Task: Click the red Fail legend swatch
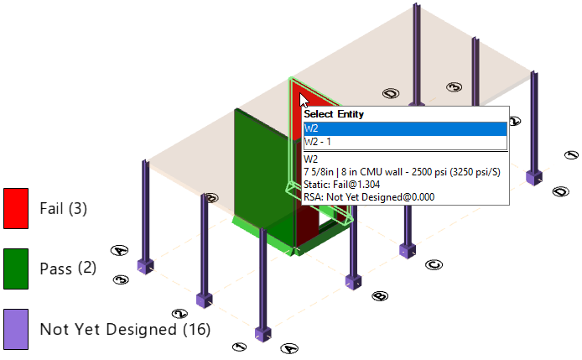tap(16, 208)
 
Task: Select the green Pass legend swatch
tap(16, 269)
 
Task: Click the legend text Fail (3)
tap(75, 208)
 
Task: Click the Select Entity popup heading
tap(333, 114)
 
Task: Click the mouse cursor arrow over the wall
tap(294, 101)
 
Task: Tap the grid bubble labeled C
tap(434, 265)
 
